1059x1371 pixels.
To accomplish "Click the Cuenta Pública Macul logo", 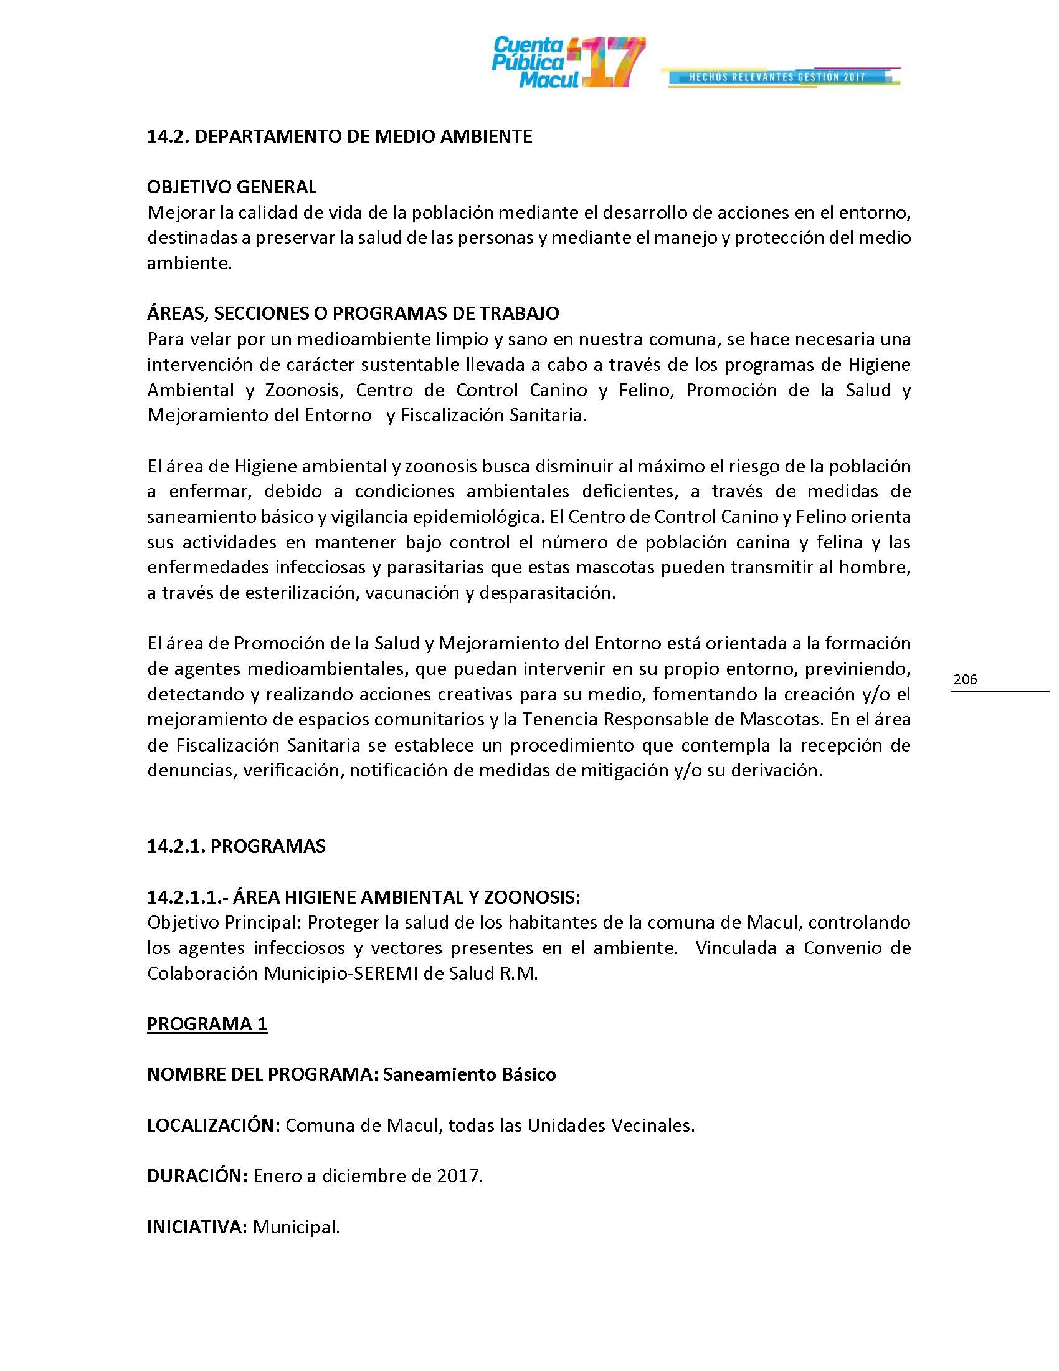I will pos(567,62).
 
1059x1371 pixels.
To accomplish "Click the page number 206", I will pos(965,679).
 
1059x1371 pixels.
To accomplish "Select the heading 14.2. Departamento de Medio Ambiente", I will pos(340,136).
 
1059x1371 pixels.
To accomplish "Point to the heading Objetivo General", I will pos(232,186).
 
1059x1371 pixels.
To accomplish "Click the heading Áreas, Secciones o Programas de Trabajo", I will pos(353,313).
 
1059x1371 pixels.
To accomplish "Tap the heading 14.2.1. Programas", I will pos(236,846).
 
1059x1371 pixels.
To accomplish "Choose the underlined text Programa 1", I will pos(207,1024).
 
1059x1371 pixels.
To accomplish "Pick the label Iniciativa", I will pos(197,1226).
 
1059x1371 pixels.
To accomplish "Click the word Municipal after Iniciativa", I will pos(296,1226).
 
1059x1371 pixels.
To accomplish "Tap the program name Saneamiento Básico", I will pos(469,1075).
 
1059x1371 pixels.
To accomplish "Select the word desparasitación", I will pos(547,593).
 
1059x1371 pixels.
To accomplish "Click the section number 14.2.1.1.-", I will pos(182,897).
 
